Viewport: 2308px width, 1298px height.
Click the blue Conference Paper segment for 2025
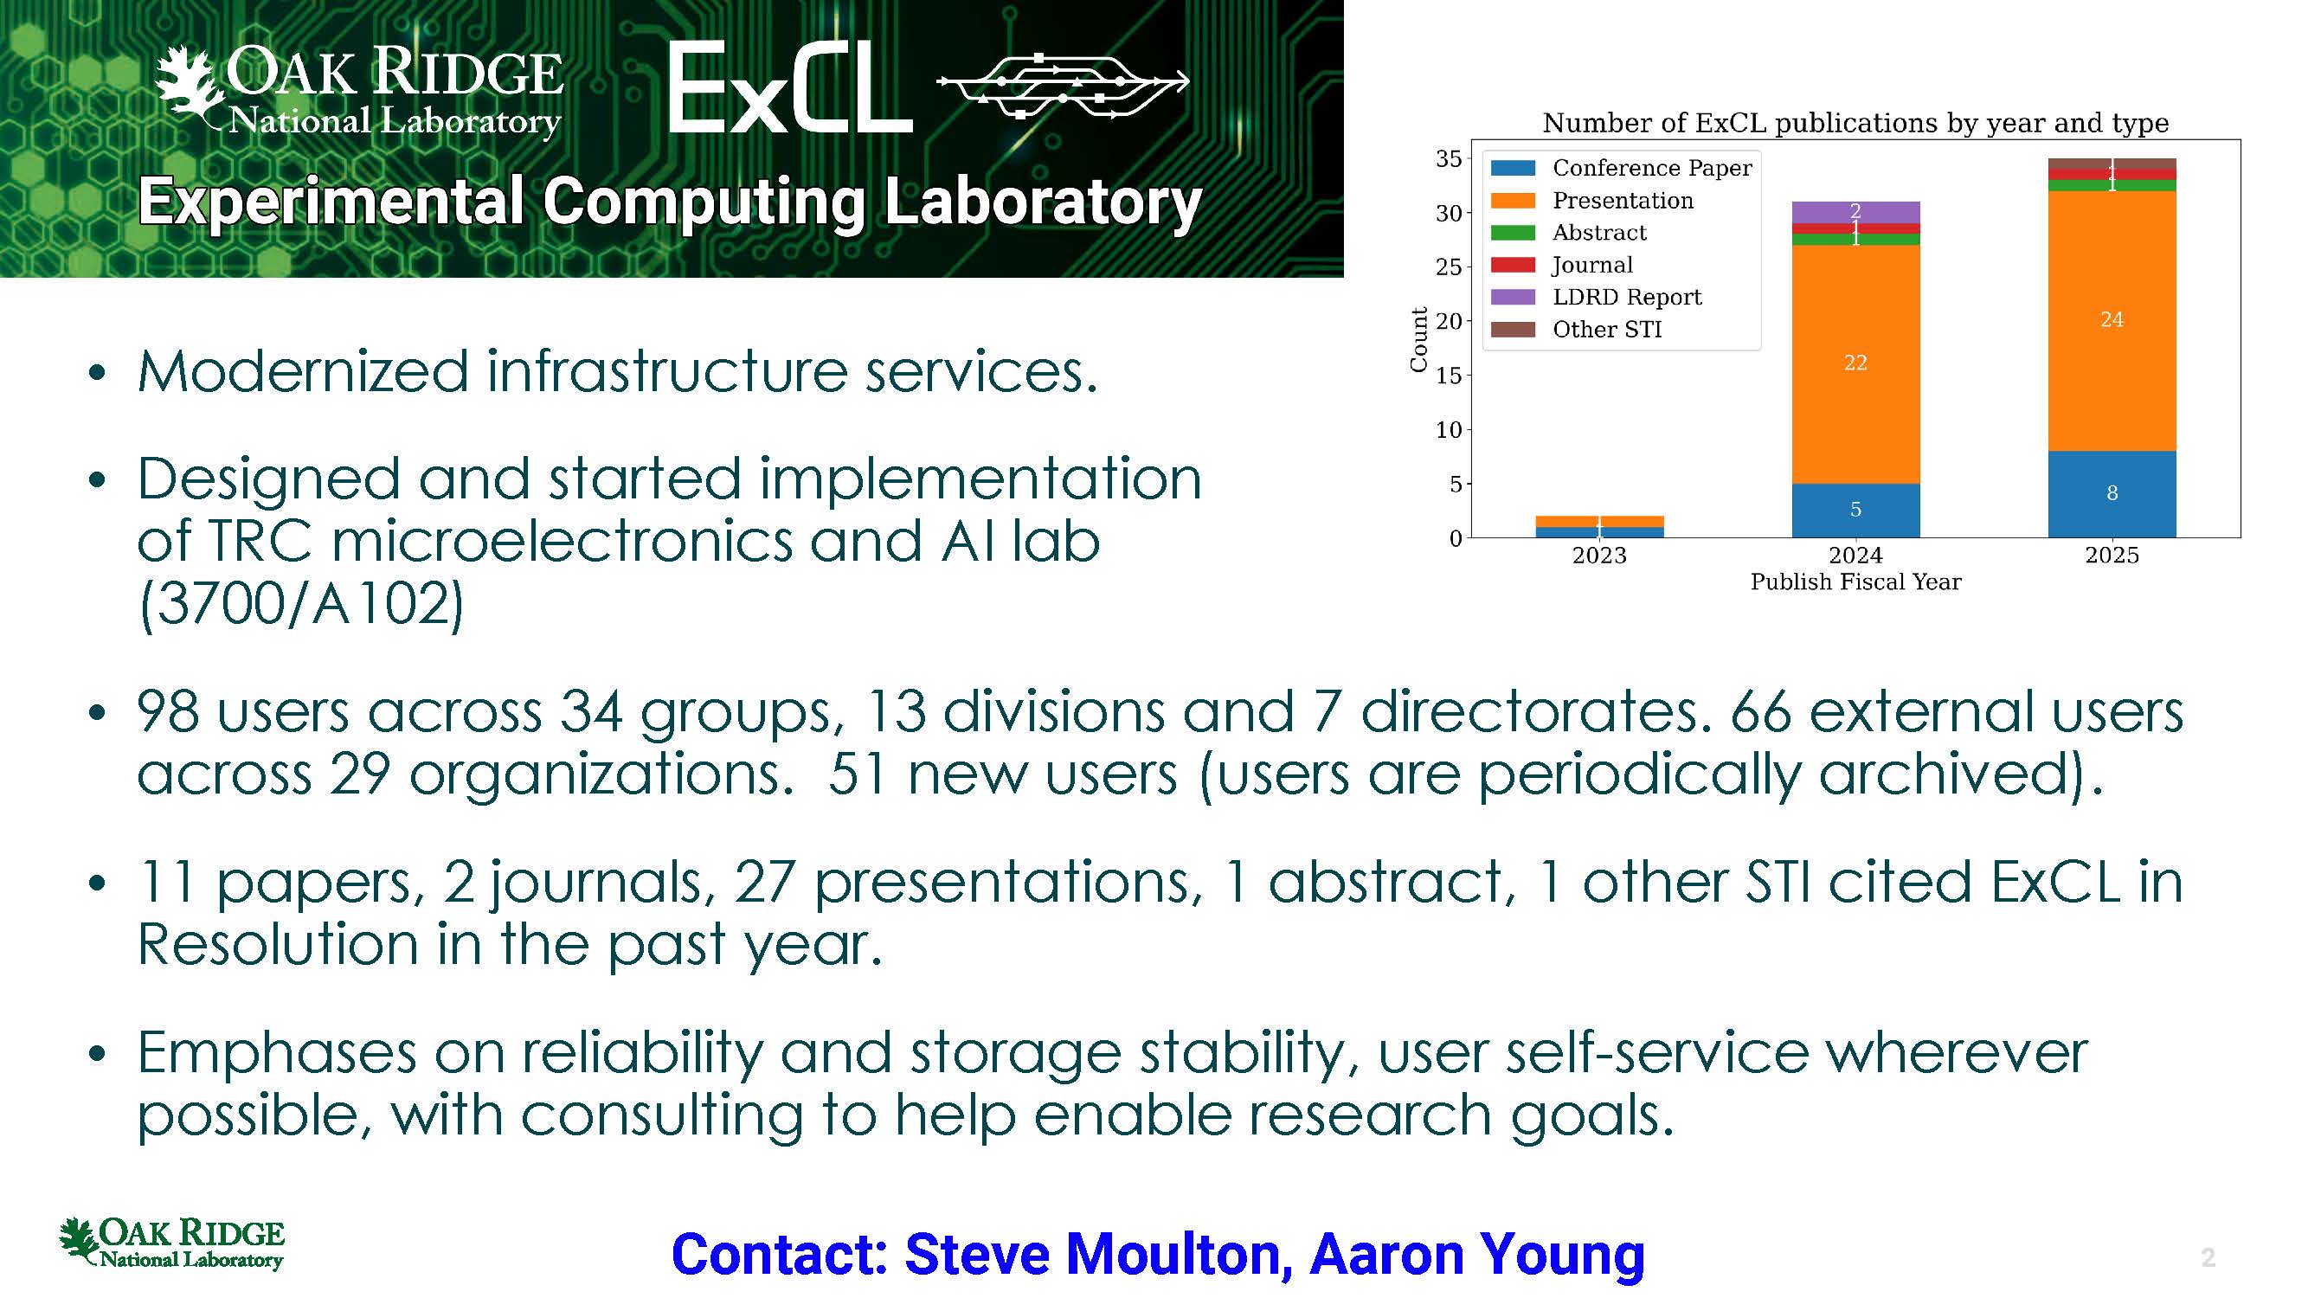coord(2112,494)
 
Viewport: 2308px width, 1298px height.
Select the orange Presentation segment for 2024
coord(1855,363)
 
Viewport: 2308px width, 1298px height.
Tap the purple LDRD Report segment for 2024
coord(1855,212)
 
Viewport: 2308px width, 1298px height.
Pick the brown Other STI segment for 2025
coord(2112,163)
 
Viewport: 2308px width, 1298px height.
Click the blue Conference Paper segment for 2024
coord(1855,511)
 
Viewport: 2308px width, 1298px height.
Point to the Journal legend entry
coord(1562,265)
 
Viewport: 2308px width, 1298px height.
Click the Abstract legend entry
coord(1568,233)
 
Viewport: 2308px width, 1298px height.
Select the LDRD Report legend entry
coord(1596,298)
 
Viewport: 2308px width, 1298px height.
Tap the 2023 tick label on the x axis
coord(1599,556)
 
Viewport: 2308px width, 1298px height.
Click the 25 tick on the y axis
coord(1448,267)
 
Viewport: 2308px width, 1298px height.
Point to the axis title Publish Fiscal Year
coord(1855,582)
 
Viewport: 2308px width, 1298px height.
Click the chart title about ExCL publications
coord(1855,123)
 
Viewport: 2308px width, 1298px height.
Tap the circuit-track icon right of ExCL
coord(1063,86)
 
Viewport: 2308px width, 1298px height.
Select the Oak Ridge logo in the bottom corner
coord(171,1243)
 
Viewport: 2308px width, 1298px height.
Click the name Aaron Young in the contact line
coord(1476,1254)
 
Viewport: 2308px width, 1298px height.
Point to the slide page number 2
coord(2208,1257)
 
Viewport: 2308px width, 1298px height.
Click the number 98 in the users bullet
coord(168,712)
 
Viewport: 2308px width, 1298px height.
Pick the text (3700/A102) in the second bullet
coord(301,605)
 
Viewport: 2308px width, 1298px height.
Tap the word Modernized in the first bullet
coord(303,371)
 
